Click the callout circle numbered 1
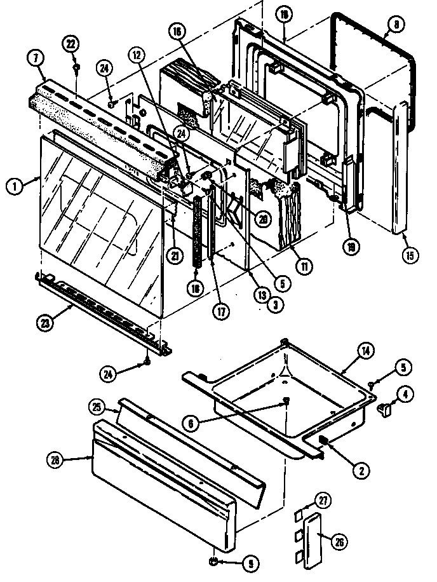point(12,187)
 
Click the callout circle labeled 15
point(410,256)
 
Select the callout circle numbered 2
point(360,470)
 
